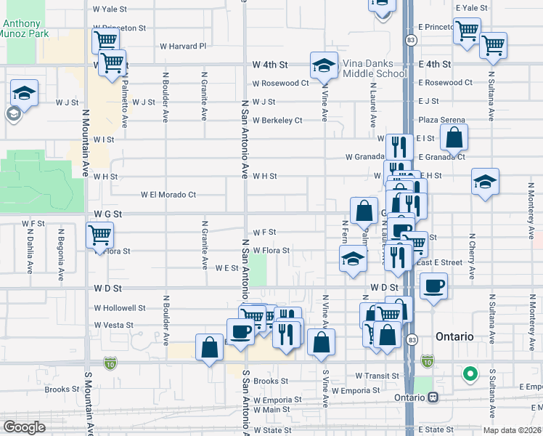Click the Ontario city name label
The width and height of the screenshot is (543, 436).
454,337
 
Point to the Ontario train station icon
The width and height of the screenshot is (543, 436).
433,397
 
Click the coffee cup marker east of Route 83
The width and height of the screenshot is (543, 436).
433,285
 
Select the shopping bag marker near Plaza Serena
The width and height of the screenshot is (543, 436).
454,137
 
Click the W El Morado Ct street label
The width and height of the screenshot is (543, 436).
169,195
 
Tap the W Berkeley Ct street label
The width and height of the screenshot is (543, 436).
277,120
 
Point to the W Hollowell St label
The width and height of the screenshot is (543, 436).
120,308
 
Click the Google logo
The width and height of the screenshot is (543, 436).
24,427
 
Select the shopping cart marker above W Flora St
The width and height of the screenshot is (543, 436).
99,235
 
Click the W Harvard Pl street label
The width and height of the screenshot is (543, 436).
183,46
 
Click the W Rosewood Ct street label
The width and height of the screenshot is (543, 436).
281,83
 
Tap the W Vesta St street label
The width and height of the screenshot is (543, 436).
114,326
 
